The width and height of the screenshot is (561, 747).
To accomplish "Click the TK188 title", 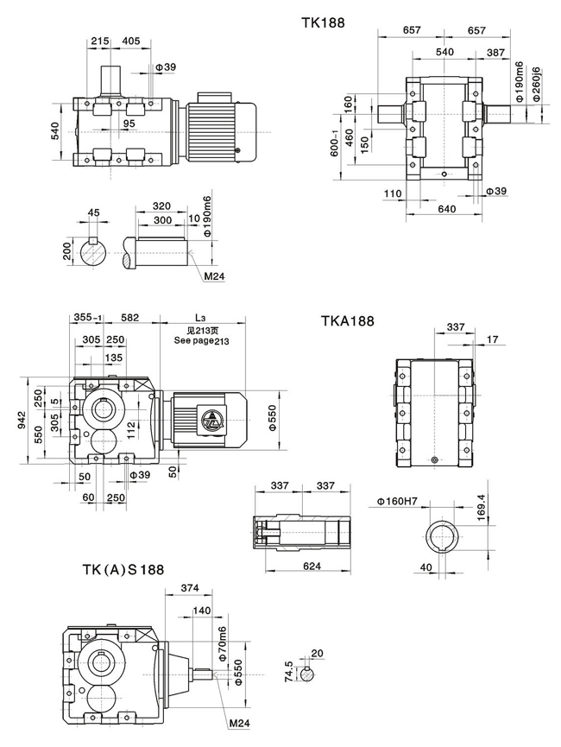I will (324, 23).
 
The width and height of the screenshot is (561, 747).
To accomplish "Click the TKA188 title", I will (348, 321).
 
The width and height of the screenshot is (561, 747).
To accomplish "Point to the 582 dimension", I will (130, 318).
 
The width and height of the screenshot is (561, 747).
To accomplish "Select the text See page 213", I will (202, 341).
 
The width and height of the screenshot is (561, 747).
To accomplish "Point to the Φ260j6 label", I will (536, 84).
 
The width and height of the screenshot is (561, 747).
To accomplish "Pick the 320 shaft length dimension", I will (161, 207).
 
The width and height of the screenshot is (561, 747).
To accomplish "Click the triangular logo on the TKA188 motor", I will (211, 421).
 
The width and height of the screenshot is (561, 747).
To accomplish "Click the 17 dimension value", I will (492, 339).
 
